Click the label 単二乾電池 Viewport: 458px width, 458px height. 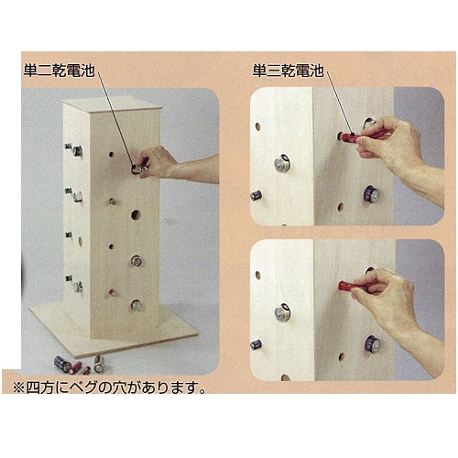coord(59,71)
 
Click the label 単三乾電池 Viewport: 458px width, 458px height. coord(288,71)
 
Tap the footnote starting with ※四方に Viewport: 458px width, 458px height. coord(109,387)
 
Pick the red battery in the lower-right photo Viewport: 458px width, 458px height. coord(349,286)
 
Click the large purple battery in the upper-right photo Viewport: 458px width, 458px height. coord(371,194)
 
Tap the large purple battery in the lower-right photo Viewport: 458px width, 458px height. coord(373,344)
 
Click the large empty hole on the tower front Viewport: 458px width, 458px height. coord(136,214)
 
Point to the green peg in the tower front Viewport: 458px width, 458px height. coord(113,201)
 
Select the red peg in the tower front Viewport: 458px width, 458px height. coord(113,292)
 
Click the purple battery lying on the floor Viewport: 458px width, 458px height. coord(62,364)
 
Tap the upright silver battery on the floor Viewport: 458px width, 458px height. coord(99,364)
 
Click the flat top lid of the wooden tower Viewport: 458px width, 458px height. coord(112,104)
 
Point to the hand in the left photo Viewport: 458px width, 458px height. coord(156,162)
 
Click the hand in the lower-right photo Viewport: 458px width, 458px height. coord(387,298)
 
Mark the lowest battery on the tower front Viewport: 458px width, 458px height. coord(136,305)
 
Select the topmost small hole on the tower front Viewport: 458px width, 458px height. coord(112,155)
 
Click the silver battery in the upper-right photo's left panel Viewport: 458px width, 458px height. coord(282,163)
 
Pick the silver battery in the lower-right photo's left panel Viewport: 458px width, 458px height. coord(282,312)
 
